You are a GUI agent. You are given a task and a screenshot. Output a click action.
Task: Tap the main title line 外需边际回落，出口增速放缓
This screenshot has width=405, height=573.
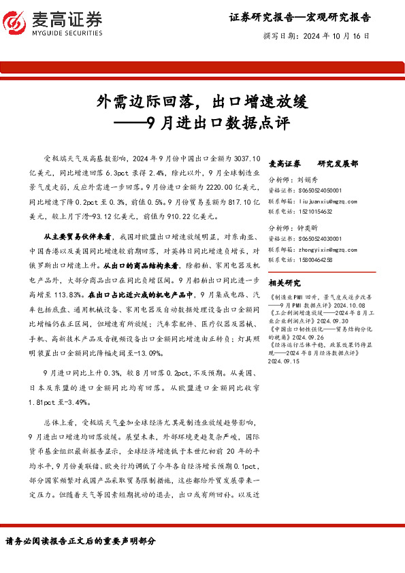point(202,102)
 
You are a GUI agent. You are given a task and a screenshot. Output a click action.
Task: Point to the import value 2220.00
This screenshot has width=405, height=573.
point(187,186)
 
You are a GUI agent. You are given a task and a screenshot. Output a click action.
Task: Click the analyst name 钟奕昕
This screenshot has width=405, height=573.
point(308,229)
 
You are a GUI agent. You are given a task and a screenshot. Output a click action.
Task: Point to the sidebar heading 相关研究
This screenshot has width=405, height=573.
point(285,282)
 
